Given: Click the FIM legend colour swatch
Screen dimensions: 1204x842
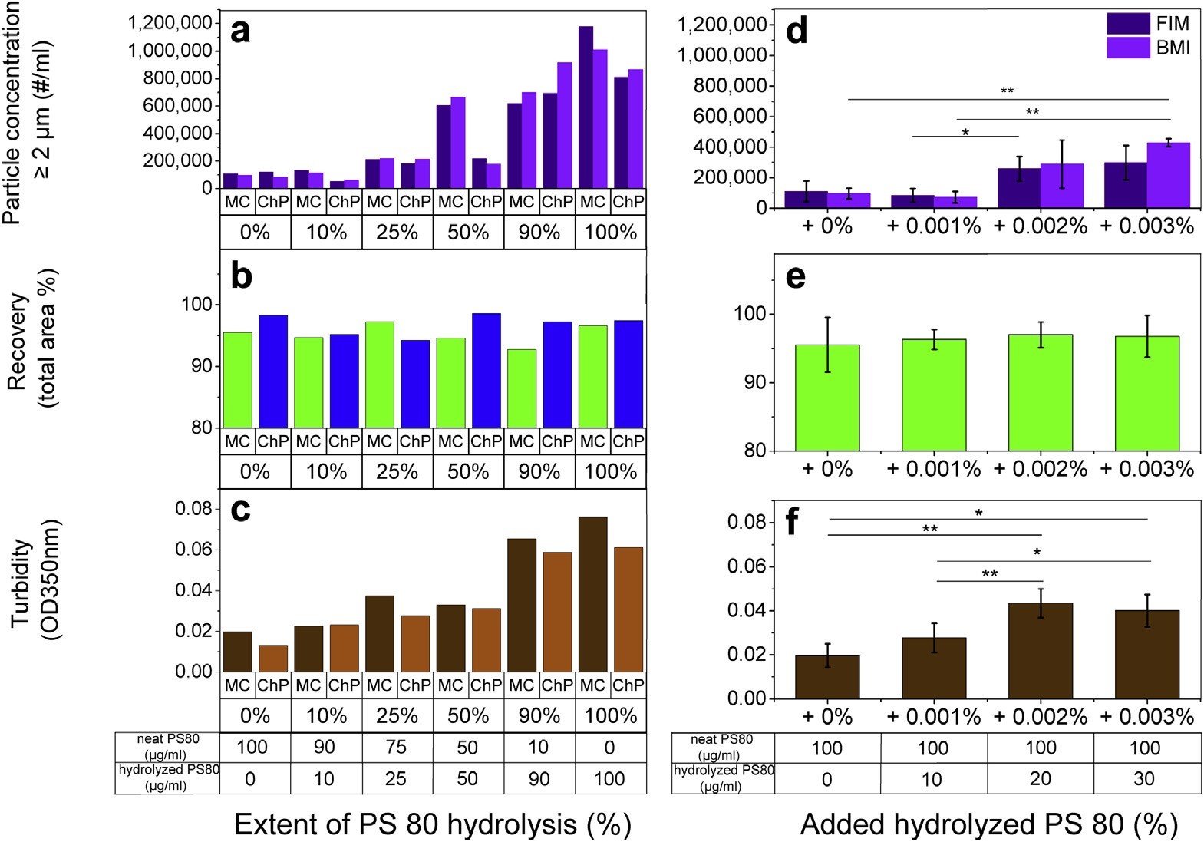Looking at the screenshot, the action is pyautogui.click(x=1129, y=24).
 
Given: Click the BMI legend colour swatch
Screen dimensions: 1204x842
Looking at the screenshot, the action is pyautogui.click(x=1129, y=48).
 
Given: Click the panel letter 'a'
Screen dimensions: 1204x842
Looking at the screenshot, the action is pyautogui.click(x=240, y=32).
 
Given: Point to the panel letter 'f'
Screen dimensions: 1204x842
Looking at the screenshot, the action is pyautogui.click(x=791, y=520).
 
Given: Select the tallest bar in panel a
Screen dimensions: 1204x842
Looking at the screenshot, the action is pyautogui.click(x=586, y=107).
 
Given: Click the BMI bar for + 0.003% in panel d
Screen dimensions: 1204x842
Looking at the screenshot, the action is pyautogui.click(x=1169, y=175).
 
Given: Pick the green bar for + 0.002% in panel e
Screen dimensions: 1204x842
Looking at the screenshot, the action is pyautogui.click(x=1041, y=392).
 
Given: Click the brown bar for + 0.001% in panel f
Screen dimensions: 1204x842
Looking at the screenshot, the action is pyautogui.click(x=934, y=669).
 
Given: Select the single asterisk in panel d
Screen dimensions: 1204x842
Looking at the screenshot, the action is pyautogui.click(x=965, y=132).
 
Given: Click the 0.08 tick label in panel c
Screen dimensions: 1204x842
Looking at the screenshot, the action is pyautogui.click(x=193, y=509).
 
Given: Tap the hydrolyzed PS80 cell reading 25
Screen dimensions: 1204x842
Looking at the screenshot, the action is pyautogui.click(x=396, y=778).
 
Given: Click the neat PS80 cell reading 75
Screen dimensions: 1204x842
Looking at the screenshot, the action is pyautogui.click(x=396, y=748).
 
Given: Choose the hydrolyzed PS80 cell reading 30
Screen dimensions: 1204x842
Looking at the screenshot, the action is pyautogui.click(x=1144, y=778).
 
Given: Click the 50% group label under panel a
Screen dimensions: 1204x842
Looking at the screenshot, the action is pyautogui.click(x=468, y=233).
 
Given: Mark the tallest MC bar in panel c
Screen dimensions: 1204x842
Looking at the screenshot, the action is pyautogui.click(x=593, y=594).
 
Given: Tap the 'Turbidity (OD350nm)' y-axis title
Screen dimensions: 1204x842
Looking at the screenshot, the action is pyautogui.click(x=35, y=582).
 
